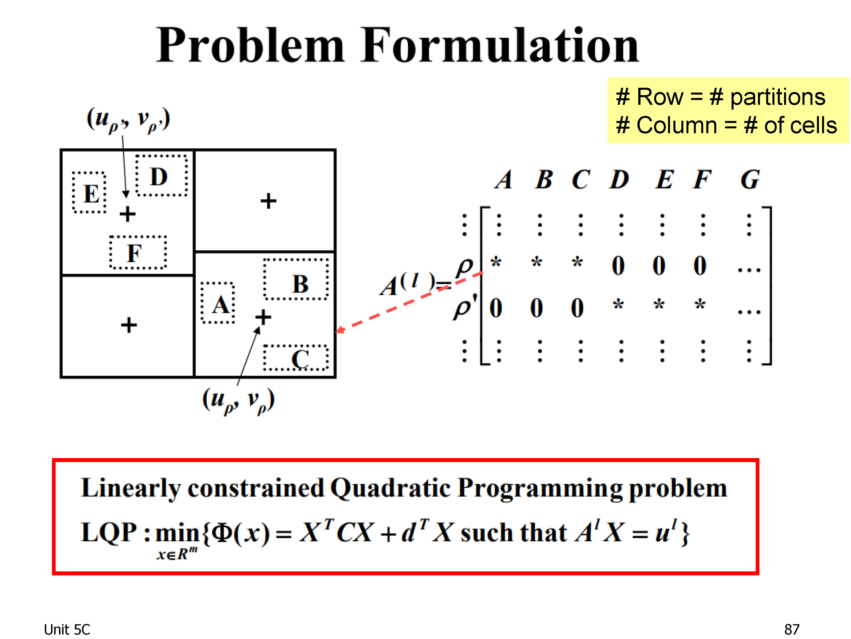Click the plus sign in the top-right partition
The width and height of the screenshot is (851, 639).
[268, 201]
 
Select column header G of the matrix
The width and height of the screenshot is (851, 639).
[749, 179]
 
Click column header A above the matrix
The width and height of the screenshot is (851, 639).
[504, 179]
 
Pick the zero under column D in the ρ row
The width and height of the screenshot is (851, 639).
[618, 266]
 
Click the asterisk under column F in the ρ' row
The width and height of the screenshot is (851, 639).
[700, 304]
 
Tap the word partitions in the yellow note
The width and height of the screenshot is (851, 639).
[778, 97]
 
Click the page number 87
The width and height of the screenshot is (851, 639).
[792, 629]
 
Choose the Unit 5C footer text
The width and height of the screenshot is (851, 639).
[67, 629]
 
